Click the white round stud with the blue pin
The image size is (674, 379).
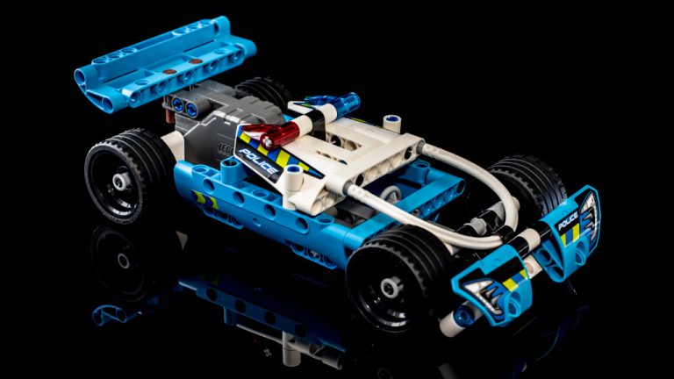coord(393,123)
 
